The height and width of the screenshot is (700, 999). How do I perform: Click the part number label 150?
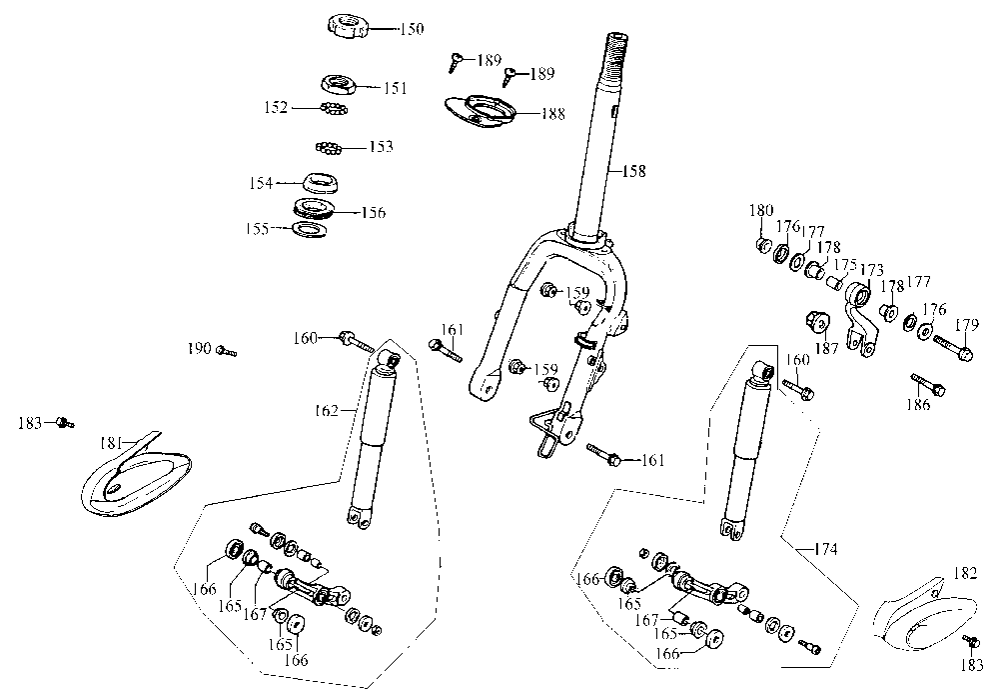[412, 29]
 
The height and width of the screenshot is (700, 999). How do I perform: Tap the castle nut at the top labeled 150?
[347, 27]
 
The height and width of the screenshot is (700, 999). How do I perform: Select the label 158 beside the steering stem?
[634, 171]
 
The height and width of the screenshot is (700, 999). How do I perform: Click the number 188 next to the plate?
[553, 113]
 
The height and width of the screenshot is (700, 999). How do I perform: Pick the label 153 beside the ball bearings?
[381, 147]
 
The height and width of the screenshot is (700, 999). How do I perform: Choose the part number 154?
[261, 183]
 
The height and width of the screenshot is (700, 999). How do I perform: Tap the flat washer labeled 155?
[310, 228]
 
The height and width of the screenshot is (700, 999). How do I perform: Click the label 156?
[374, 212]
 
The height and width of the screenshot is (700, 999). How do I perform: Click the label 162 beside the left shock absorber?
[327, 411]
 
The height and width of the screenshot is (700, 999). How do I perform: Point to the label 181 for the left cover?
[113, 442]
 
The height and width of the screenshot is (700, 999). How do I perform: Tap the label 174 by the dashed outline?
[826, 548]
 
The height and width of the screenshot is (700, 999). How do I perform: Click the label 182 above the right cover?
[966, 573]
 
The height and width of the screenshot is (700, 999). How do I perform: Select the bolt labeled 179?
[953, 347]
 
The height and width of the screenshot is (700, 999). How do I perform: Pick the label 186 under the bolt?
[918, 404]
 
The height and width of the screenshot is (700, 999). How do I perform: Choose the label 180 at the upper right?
[761, 210]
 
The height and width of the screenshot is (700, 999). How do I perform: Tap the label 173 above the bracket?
[871, 270]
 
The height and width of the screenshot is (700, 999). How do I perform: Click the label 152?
[276, 107]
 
